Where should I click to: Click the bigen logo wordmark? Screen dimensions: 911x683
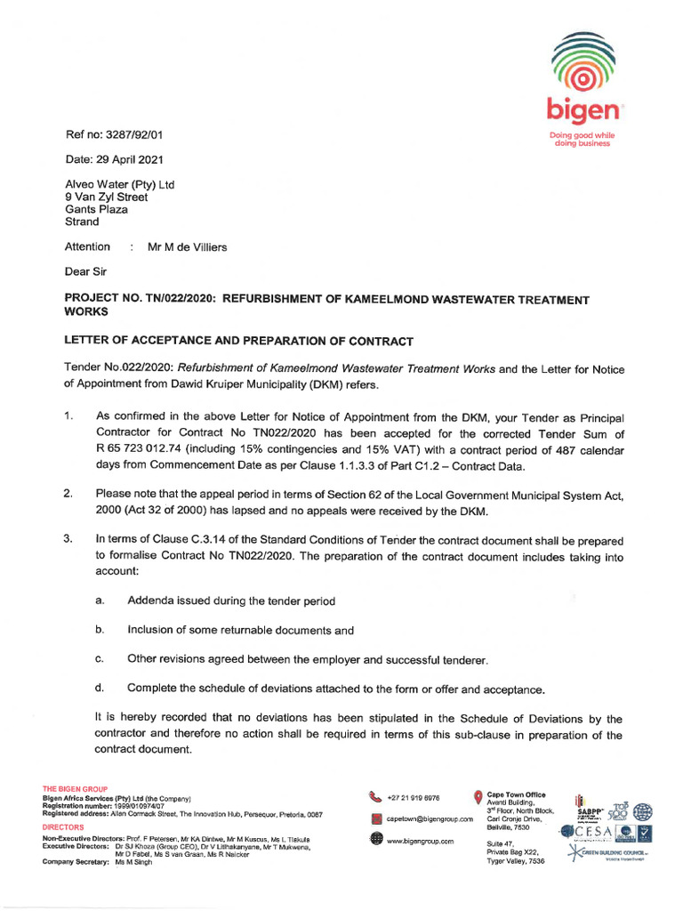[x=583, y=112]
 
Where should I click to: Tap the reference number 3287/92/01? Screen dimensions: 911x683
[x=131, y=135]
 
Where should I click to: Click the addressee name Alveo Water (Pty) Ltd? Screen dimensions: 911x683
[x=120, y=184]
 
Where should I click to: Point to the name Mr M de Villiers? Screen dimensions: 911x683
[x=187, y=246]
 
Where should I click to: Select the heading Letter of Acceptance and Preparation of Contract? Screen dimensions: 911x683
[x=239, y=342]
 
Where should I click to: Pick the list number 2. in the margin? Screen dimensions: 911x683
[x=68, y=494]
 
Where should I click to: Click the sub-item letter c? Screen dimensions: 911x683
[x=100, y=658]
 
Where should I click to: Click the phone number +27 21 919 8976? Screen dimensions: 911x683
[x=413, y=797]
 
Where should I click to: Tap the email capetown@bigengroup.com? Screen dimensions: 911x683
[x=429, y=818]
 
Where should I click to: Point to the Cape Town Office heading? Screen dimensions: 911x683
[x=517, y=794]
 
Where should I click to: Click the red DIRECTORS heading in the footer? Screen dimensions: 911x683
[x=63, y=826]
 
